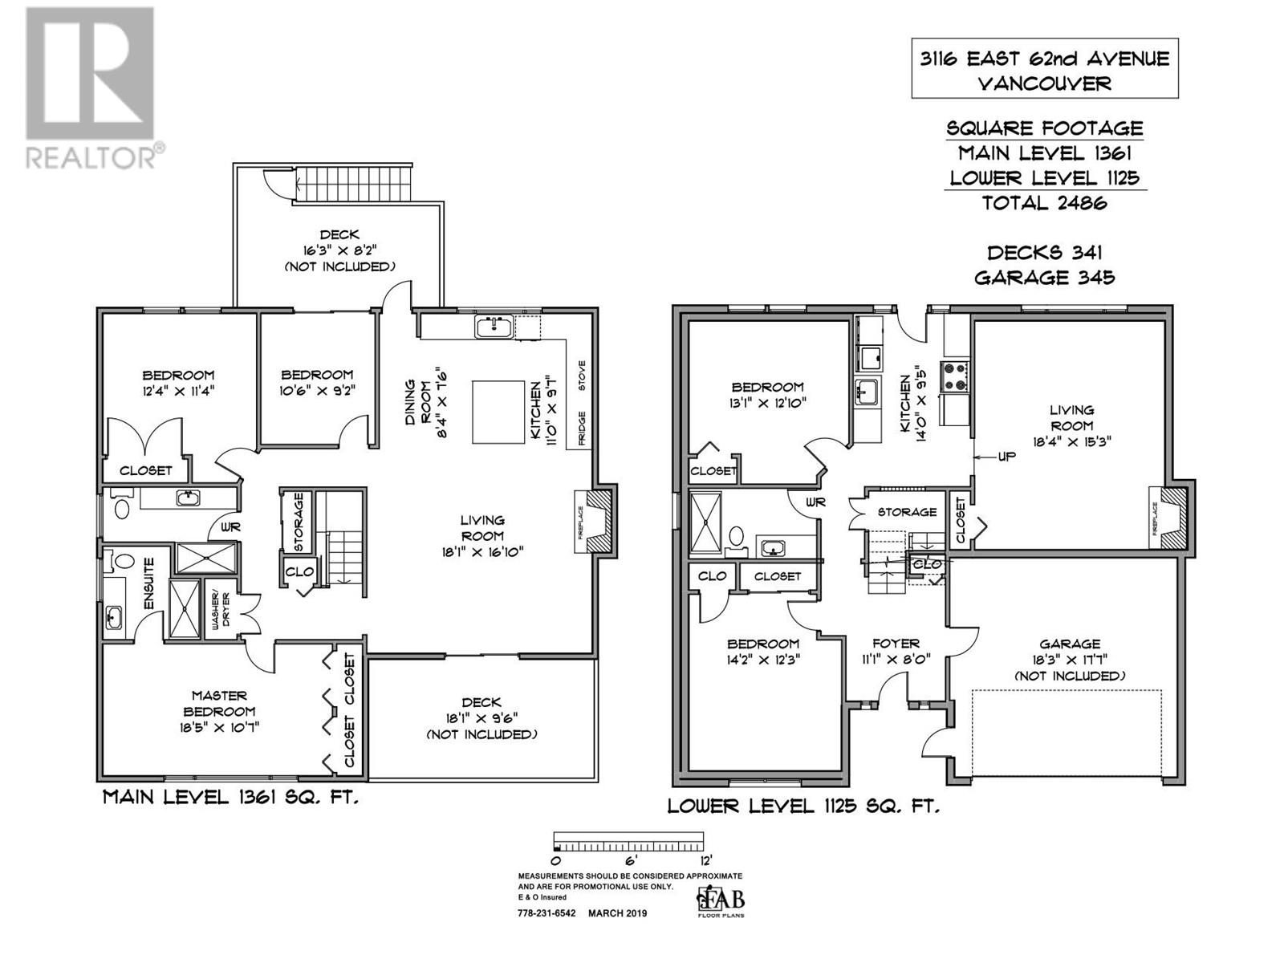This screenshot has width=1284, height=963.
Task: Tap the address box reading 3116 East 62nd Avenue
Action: click(x=1044, y=69)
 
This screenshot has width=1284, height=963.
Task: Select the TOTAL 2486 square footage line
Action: click(x=1044, y=203)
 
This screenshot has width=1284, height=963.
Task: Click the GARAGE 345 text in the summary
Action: click(x=1044, y=278)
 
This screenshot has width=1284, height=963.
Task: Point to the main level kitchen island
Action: click(x=500, y=412)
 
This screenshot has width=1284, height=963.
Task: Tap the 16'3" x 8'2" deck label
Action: click(x=339, y=250)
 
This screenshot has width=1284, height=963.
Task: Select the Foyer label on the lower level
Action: click(x=896, y=644)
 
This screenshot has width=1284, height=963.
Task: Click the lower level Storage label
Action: click(x=907, y=512)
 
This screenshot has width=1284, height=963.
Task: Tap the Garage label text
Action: click(x=1069, y=644)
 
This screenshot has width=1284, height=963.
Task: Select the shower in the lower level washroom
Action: click(x=706, y=520)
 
